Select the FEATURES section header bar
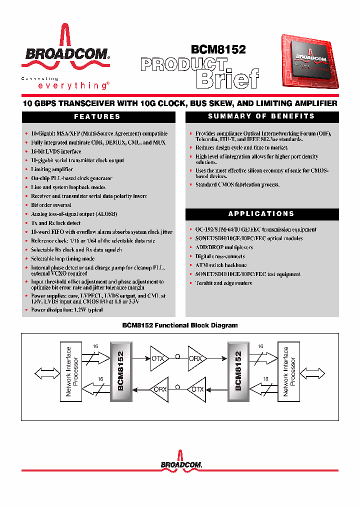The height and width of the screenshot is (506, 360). tap(98, 116)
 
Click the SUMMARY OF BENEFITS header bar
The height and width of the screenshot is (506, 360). tap(261, 116)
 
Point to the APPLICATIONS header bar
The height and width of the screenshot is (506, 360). tap(261, 214)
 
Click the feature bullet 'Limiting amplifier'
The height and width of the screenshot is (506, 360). tap(51, 169)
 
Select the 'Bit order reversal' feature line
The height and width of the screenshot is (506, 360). tap(51, 205)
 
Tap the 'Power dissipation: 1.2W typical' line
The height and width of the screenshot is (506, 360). tap(66, 310)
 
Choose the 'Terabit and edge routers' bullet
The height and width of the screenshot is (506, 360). tap(223, 283)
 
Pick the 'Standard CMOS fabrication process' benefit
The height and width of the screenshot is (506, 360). tap(237, 184)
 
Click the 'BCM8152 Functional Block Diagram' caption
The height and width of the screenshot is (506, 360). tap(180, 325)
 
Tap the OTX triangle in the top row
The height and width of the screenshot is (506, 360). tap(159, 358)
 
